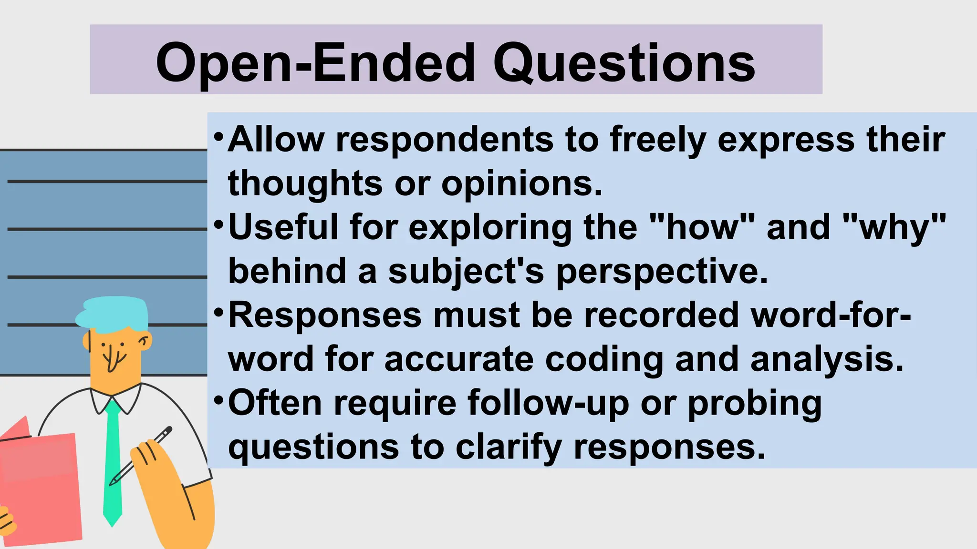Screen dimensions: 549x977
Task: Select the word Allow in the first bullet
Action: click(x=276, y=139)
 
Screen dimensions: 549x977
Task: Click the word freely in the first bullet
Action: click(x=658, y=140)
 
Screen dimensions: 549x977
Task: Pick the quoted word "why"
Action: click(x=894, y=228)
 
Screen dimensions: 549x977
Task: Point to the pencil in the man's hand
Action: click(x=141, y=456)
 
